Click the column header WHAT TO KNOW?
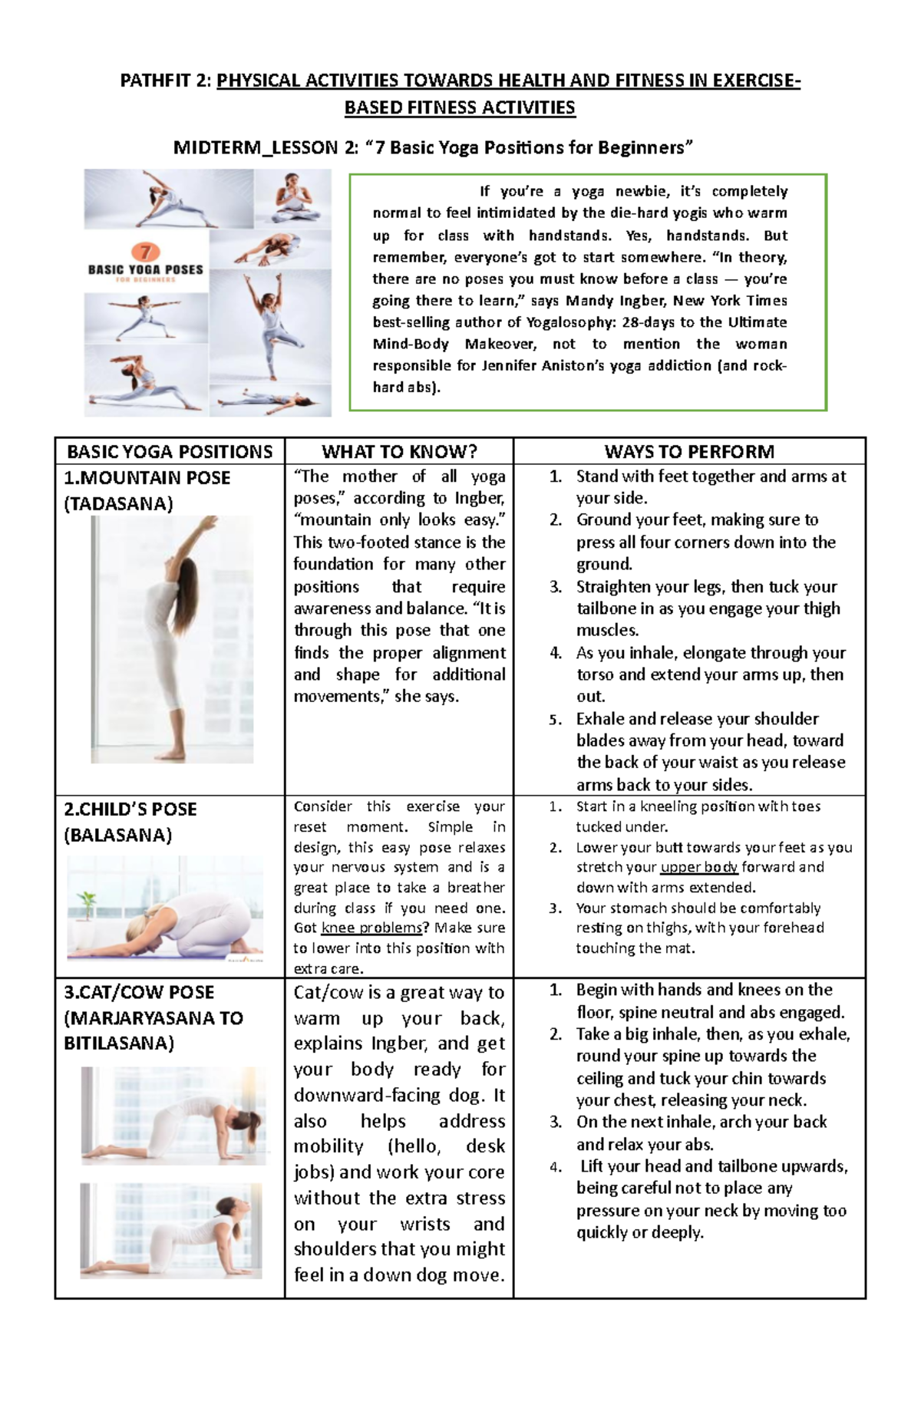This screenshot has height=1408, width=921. point(399,451)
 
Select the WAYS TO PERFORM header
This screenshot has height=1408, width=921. point(689,451)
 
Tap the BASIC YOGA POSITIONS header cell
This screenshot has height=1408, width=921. point(170,451)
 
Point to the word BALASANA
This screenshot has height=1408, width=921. point(118,835)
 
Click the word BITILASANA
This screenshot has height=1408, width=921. point(118,1044)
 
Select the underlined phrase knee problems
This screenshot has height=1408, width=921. point(371,928)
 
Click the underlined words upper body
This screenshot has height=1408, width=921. point(698,867)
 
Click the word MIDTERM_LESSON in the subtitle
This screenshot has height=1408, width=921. point(255,147)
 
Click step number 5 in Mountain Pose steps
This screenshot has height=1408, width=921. point(556,720)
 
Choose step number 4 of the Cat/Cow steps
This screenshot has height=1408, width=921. point(556,1167)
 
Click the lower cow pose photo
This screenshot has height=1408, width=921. point(171,1230)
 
